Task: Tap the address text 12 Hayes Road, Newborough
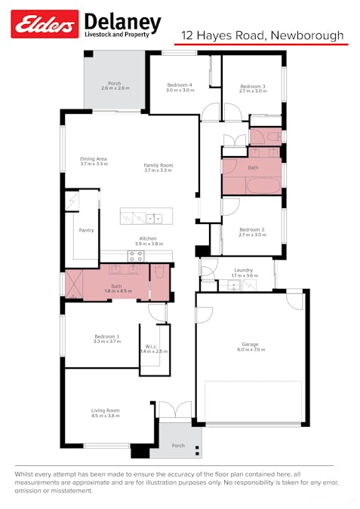point(262,35)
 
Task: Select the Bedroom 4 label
point(179,85)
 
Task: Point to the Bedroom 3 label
point(253,87)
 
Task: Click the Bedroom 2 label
point(251,230)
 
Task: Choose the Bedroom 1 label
point(106,337)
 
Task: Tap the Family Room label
point(158,167)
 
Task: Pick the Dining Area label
point(94,160)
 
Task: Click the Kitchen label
point(148,239)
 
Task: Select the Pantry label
point(86,230)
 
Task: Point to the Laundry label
point(243,270)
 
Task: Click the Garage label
point(250,345)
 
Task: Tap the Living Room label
point(106,411)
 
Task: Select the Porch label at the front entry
point(178,446)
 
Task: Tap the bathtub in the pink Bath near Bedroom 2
point(251,186)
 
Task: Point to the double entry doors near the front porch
point(174,411)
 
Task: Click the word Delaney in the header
point(122,22)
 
